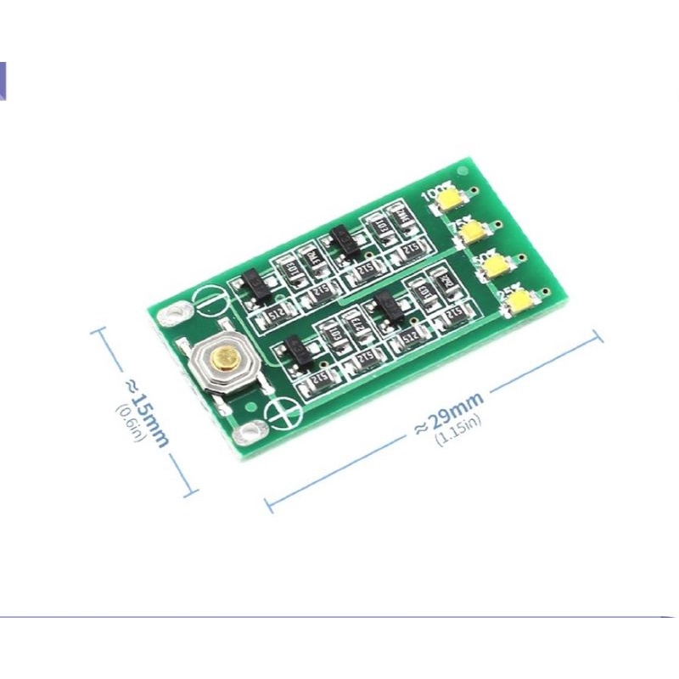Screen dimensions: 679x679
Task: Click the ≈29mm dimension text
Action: point(448,412)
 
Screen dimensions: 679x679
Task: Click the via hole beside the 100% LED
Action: point(480,190)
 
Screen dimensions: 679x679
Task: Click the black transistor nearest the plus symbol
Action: point(295,348)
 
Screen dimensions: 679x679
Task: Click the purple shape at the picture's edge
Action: point(3,81)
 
